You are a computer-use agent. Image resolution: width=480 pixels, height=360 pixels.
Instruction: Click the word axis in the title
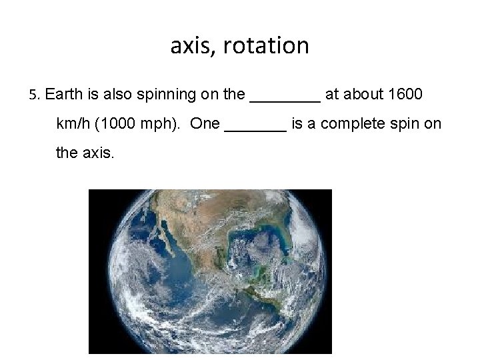pyautogui.click(x=188, y=46)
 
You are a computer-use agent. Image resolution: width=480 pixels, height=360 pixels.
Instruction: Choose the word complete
pyautogui.click(x=359, y=124)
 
